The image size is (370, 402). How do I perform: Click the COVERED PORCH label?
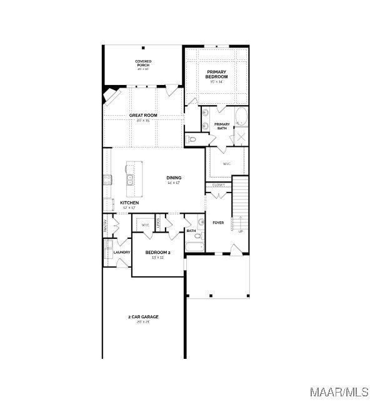(143, 63)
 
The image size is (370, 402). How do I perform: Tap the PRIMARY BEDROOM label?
(217, 74)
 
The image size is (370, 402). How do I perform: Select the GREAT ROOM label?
(143, 116)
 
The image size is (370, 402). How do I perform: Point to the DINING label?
(174, 179)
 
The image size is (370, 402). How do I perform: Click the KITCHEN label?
(129, 203)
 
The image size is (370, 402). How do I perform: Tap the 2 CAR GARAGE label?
(143, 318)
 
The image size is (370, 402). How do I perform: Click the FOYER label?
(218, 223)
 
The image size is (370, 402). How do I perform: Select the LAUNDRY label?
(122, 253)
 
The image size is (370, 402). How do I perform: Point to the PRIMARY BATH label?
(222, 126)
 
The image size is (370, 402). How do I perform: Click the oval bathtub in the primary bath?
(241, 117)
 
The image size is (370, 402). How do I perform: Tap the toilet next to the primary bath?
(192, 139)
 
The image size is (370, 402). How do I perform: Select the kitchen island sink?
(129, 181)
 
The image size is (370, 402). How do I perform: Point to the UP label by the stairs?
(240, 231)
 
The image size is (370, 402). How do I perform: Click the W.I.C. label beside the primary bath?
(226, 164)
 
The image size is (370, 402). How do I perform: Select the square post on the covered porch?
(143, 48)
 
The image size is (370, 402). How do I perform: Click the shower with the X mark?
(241, 137)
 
